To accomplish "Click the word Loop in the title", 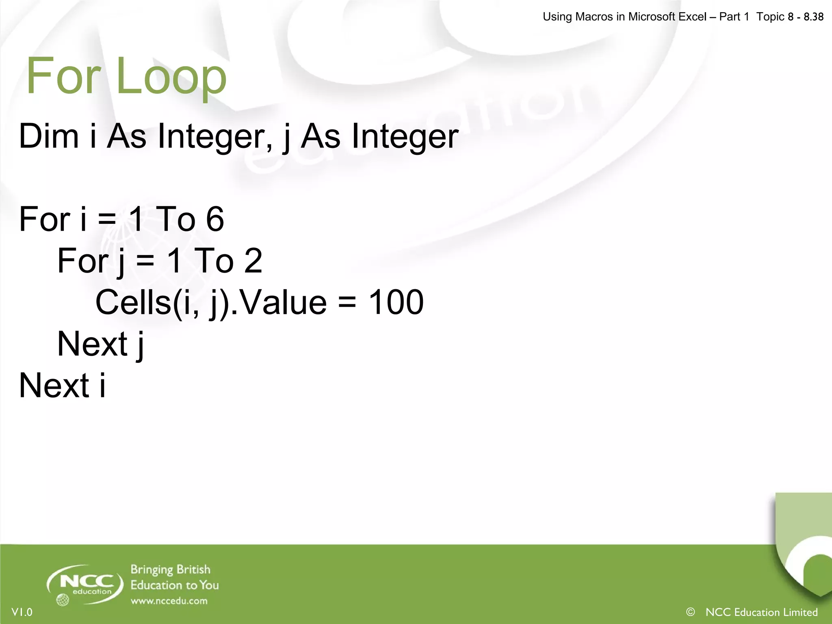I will [171, 76].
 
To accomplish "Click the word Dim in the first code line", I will [49, 136].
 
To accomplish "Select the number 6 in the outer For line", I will [215, 219].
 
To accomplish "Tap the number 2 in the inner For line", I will [253, 261].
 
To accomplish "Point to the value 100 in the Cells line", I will [396, 302].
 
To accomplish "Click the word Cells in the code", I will [133, 302].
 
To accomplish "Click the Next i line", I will [62, 386].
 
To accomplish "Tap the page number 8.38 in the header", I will [813, 17].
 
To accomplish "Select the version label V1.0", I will [22, 612].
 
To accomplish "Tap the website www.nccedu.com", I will [169, 601].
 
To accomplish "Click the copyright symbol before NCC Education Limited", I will [690, 612].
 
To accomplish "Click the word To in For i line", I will [175, 219].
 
